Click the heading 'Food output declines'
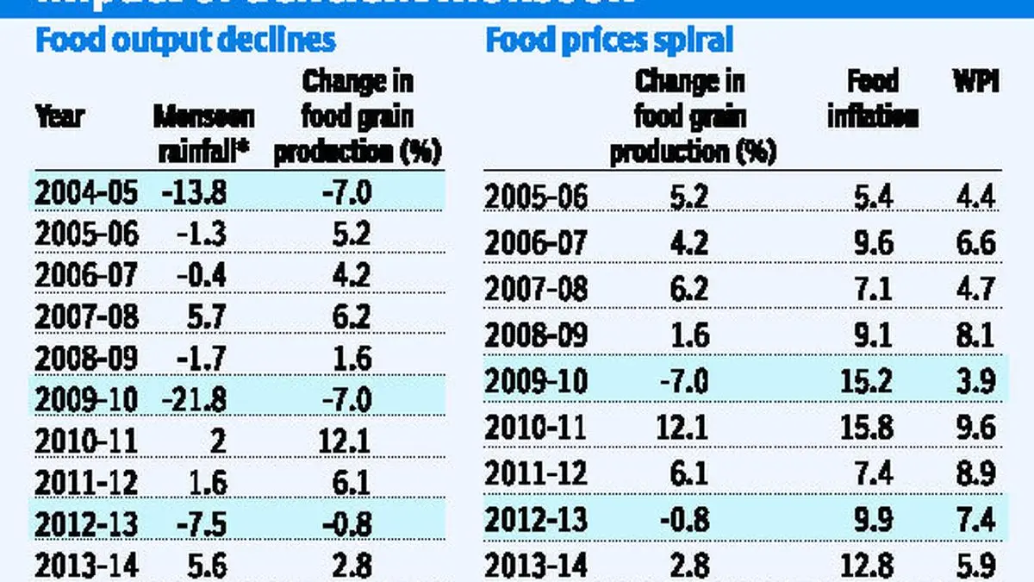(x=184, y=41)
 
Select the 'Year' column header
(x=59, y=116)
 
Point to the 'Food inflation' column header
(x=872, y=98)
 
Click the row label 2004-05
(x=86, y=192)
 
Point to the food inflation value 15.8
(x=875, y=428)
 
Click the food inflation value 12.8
(x=875, y=566)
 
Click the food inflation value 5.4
(x=875, y=197)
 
